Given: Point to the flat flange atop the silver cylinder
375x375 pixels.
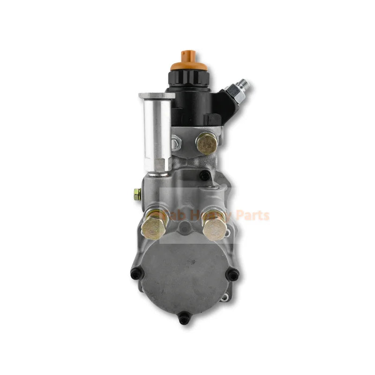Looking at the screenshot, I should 157,96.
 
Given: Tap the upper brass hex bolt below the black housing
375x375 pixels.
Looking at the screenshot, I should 207,143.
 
